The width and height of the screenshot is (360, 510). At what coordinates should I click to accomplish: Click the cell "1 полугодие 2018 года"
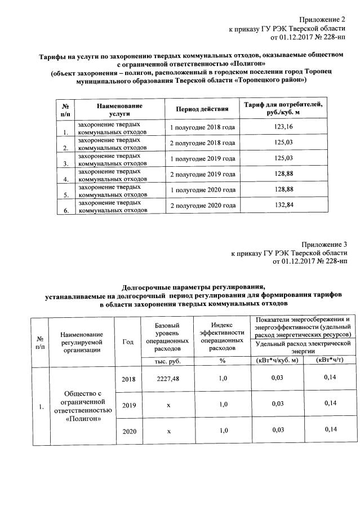click(x=202, y=128)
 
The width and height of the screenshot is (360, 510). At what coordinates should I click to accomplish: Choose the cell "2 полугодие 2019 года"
click(x=202, y=174)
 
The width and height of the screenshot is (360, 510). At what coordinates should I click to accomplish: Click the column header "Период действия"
click(x=202, y=109)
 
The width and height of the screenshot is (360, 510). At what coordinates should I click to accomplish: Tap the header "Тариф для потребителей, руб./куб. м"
click(x=284, y=109)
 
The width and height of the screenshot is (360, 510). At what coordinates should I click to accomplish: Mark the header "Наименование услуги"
click(x=119, y=109)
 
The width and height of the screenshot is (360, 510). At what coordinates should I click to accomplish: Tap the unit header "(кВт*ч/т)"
click(x=330, y=360)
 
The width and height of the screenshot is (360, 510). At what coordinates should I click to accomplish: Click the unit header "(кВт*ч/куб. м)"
click(x=277, y=360)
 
